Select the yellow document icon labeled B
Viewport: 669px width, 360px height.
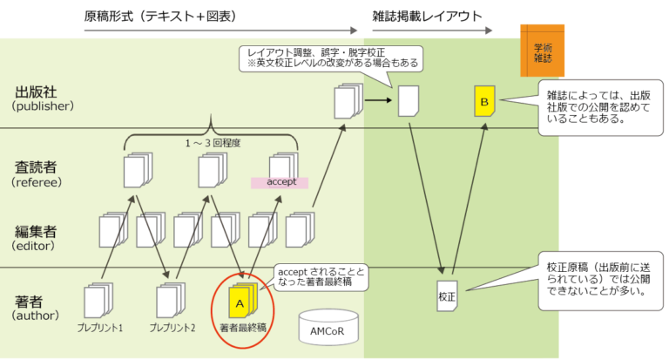pos(484,103)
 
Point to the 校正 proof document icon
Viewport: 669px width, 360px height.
pos(447,296)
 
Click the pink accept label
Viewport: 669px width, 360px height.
pos(281,182)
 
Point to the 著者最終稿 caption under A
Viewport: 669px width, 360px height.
pos(242,328)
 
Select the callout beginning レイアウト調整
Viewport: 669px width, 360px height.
pos(329,58)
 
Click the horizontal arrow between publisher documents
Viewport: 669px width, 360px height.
pos(376,100)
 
